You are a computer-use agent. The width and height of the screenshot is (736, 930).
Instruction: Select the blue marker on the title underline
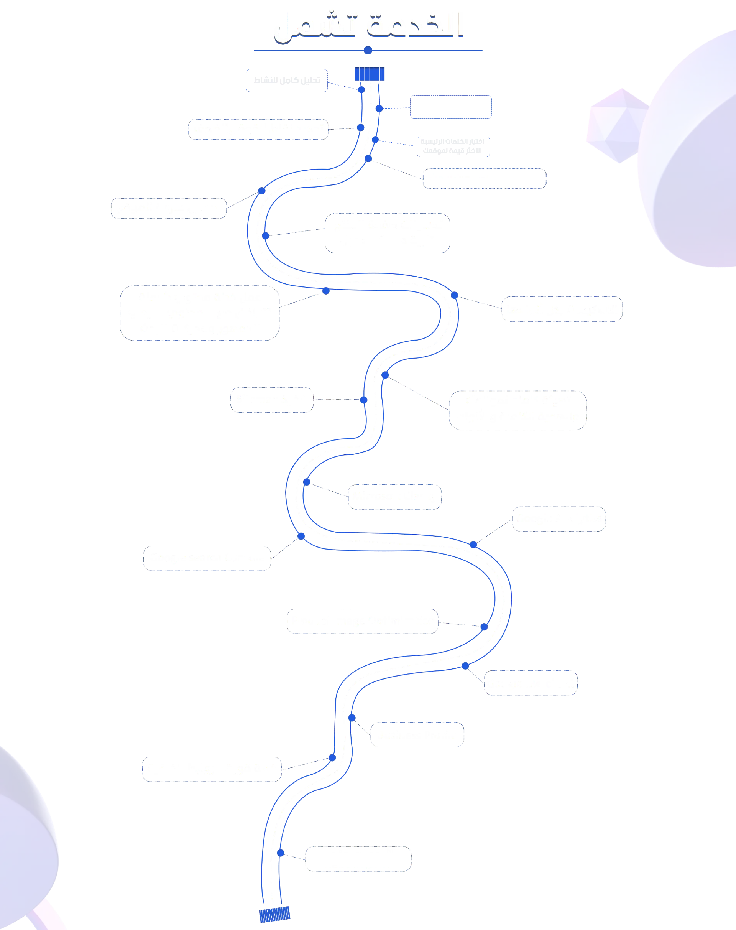(367, 51)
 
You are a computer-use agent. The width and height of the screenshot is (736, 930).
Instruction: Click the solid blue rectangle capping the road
(369, 74)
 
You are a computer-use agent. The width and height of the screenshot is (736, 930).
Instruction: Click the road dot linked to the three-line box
(326, 291)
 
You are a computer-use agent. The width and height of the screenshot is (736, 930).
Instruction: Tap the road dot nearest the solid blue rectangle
(361, 89)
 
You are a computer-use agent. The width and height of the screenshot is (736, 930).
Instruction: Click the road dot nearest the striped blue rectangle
(281, 853)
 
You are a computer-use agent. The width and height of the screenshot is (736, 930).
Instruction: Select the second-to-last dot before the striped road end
(332, 757)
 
